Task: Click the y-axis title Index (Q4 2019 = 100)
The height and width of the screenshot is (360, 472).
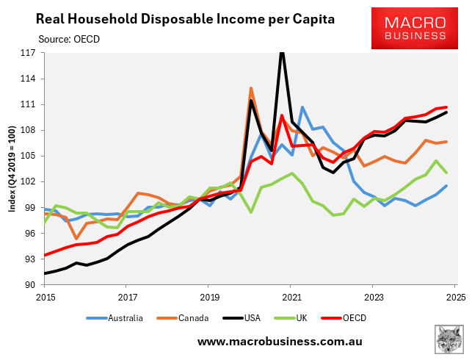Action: pos(12,169)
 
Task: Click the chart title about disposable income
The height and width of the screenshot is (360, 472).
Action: pos(185,18)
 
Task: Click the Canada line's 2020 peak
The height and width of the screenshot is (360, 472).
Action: pos(251,88)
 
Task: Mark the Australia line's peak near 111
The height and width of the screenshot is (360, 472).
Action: pos(302,107)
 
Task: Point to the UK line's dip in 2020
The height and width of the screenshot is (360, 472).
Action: pos(251,212)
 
